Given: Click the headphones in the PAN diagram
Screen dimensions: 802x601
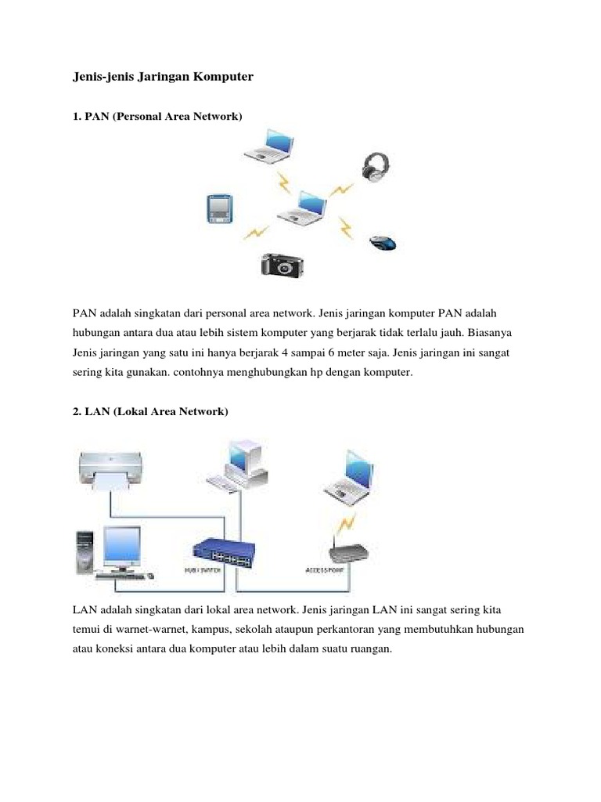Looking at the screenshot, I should coord(376,166).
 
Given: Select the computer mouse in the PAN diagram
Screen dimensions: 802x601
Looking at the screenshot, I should coord(383,242).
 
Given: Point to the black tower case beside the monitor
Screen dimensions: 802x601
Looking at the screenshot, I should coord(84,551).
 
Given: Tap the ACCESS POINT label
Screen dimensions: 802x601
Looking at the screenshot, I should coord(325,570).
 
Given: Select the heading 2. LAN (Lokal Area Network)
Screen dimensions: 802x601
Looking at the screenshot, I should coord(150,411).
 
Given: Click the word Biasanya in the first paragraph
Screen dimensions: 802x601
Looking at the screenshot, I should coord(487,333).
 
